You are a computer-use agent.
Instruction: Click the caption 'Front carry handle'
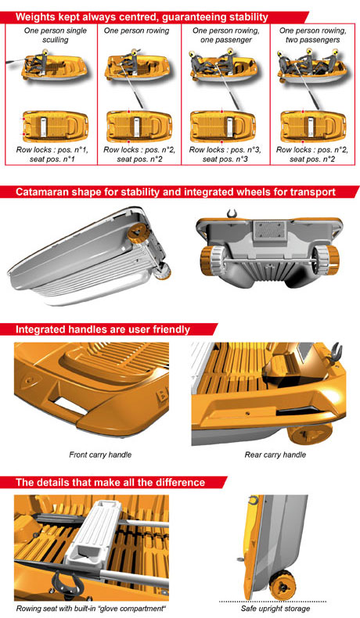click(100, 455)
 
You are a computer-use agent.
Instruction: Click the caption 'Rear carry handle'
click(275, 455)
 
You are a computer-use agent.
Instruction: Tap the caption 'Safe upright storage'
click(275, 609)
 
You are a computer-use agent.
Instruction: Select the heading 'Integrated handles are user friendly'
click(103, 329)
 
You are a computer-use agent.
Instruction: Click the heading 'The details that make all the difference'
click(110, 483)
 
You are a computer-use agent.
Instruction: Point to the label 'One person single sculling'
click(56, 35)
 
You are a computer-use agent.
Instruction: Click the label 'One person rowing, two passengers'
click(313, 35)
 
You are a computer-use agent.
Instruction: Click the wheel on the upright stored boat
click(282, 585)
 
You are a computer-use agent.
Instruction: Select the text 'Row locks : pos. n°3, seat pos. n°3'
click(225, 155)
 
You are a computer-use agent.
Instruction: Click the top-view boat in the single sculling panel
click(56, 127)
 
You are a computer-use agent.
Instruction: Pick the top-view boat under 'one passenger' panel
click(223, 127)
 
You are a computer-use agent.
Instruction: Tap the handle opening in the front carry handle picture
click(70, 404)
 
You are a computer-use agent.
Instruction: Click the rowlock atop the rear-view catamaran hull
click(232, 214)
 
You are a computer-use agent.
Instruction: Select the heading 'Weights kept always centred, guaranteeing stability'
click(142, 17)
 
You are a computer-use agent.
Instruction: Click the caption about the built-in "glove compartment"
click(91, 609)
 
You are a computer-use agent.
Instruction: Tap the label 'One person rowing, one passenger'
click(226, 35)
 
